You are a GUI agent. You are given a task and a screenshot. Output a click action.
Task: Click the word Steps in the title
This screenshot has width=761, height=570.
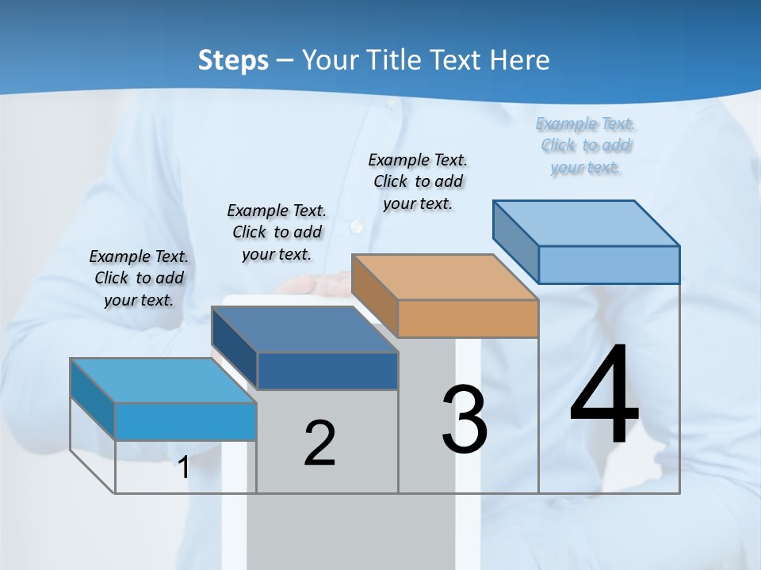tap(233, 60)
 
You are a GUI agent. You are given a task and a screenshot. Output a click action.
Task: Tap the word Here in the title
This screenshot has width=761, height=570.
tap(518, 60)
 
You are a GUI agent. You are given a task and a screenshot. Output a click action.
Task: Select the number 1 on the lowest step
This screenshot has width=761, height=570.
tap(184, 468)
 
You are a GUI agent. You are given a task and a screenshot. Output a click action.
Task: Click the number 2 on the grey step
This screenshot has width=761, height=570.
tap(319, 443)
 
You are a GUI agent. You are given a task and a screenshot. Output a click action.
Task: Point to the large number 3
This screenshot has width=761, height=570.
tap(465, 420)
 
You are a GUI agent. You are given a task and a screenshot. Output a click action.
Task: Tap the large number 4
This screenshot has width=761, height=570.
tap(604, 396)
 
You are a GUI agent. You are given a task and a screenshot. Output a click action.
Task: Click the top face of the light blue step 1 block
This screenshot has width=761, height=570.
tap(163, 380)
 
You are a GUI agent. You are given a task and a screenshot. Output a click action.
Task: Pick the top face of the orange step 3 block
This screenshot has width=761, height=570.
tap(444, 277)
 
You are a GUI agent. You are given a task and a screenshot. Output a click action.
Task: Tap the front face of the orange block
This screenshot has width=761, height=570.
tap(468, 318)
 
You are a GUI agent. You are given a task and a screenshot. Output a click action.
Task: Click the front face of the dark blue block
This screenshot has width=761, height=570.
tap(327, 370)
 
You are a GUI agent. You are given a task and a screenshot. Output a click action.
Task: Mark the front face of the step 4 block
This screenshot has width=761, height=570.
tap(609, 264)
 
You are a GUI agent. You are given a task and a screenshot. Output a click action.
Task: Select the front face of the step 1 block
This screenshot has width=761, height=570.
tap(185, 421)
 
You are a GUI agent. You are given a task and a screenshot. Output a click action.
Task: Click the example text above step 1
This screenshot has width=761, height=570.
tap(139, 278)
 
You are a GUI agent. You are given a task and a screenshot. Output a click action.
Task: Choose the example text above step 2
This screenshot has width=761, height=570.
tap(277, 232)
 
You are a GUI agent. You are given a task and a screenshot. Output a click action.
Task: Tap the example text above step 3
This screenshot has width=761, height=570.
tap(418, 181)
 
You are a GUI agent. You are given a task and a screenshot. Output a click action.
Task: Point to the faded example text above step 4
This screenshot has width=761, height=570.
tap(586, 145)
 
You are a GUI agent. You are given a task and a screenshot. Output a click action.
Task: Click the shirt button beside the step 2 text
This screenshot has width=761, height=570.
tap(356, 227)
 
